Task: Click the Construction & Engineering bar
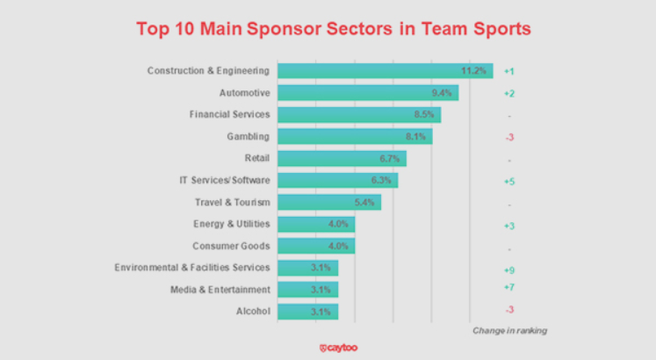click(x=385, y=71)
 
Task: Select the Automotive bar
click(x=368, y=93)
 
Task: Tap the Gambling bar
click(x=355, y=136)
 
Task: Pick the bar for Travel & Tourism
click(x=328, y=202)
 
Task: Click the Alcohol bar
click(x=307, y=311)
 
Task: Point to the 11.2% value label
click(x=473, y=71)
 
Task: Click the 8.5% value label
click(x=426, y=115)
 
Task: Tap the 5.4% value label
click(x=365, y=202)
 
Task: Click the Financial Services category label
click(x=229, y=115)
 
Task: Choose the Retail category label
click(x=256, y=158)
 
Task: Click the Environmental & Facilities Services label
click(x=192, y=267)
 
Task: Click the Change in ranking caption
click(x=509, y=330)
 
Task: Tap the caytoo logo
click(x=338, y=348)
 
